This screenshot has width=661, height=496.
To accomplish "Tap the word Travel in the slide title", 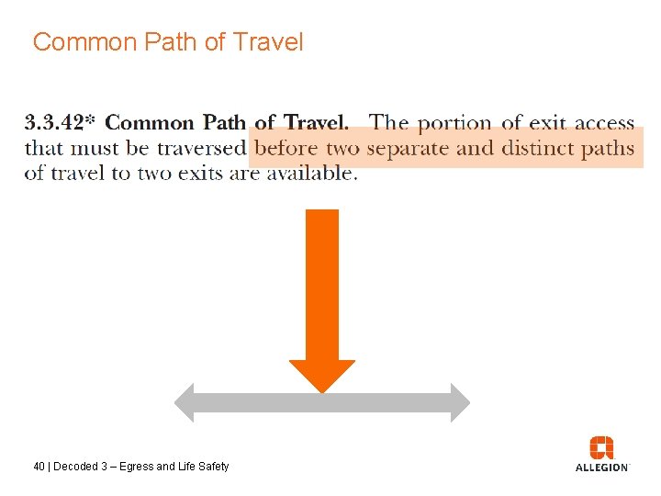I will point(268,42).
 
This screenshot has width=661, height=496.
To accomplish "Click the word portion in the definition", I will point(454,122).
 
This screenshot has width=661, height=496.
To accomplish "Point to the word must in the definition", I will point(96,148).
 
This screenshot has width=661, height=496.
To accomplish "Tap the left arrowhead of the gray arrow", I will point(185,402).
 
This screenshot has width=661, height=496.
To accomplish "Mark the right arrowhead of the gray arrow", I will point(459,402).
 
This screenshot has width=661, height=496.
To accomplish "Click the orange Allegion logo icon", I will point(601,447).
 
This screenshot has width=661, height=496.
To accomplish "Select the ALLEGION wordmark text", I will point(601,468).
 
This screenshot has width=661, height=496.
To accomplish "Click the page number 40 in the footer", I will point(39,467).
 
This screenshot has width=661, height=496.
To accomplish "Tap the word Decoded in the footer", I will point(76,467).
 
